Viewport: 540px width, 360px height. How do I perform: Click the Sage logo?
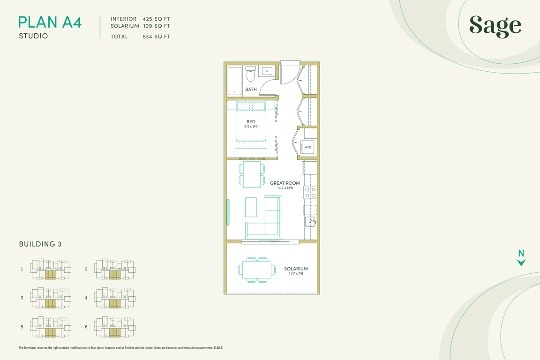pyautogui.click(x=495, y=26)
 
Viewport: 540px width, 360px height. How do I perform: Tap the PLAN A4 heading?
pyautogui.click(x=50, y=22)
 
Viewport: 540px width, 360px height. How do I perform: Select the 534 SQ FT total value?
pyautogui.click(x=157, y=37)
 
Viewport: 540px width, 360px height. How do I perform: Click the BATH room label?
pyautogui.click(x=251, y=89)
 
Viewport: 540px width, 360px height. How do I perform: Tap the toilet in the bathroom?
pyautogui.click(x=250, y=74)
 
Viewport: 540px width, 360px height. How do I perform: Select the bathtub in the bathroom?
pyautogui.click(x=234, y=81)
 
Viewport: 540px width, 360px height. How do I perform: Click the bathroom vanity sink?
pyautogui.click(x=267, y=71)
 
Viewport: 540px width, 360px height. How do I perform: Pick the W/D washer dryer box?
pyautogui.click(x=307, y=147)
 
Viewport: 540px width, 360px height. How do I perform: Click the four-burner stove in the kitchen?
pyautogui.click(x=310, y=193)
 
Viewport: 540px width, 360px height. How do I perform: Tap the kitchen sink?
pyautogui.click(x=310, y=222)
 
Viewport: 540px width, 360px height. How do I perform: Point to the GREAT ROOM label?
pyautogui.click(x=285, y=183)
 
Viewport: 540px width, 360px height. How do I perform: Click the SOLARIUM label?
pyautogui.click(x=296, y=269)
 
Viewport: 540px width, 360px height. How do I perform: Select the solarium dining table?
pyautogui.click(x=256, y=270)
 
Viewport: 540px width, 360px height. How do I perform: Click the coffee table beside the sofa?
pyautogui.click(x=251, y=207)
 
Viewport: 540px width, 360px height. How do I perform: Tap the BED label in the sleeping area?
pyautogui.click(x=251, y=121)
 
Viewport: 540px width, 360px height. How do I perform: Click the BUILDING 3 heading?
pyautogui.click(x=40, y=244)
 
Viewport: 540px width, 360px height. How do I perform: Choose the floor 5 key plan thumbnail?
pyautogui.click(x=51, y=327)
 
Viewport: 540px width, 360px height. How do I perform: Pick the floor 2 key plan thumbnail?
pyautogui.click(x=115, y=269)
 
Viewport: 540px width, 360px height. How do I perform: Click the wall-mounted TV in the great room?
pyautogui.click(x=228, y=212)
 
